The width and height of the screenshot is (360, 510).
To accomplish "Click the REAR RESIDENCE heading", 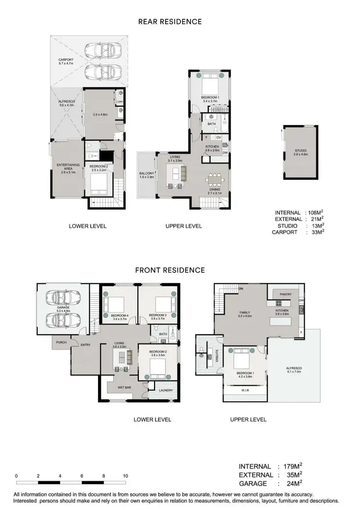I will tap(170, 22).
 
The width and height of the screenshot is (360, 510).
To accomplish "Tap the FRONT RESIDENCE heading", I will tap(170, 270).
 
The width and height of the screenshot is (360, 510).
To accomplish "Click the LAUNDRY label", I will tap(166, 390).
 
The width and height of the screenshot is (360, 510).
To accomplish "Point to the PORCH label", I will tap(60, 343).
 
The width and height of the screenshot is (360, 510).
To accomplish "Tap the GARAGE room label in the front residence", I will tap(63, 307).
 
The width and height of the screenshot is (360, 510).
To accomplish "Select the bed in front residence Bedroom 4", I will tap(114, 304).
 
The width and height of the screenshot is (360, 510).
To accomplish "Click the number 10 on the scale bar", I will tap(125, 476).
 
